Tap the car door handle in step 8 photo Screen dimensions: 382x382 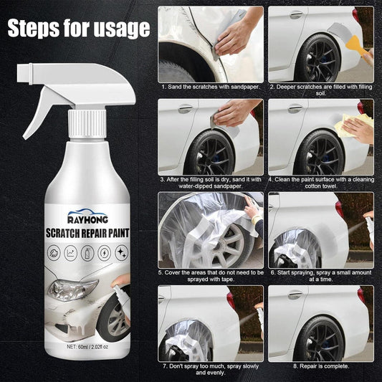tap(295, 295)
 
